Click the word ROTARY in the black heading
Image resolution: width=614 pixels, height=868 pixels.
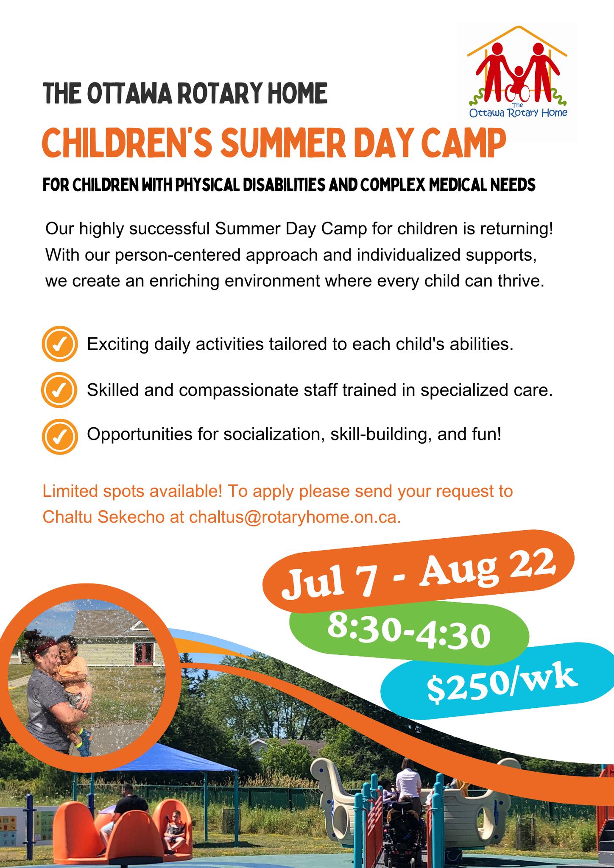click(x=211, y=94)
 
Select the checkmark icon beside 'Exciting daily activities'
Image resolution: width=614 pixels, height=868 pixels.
click(x=60, y=344)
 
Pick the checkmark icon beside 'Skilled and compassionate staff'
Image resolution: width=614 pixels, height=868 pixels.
click(x=59, y=390)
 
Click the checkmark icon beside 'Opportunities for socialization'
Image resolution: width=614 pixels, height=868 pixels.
click(x=60, y=437)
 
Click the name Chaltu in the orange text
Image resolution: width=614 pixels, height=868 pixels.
click(x=67, y=517)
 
